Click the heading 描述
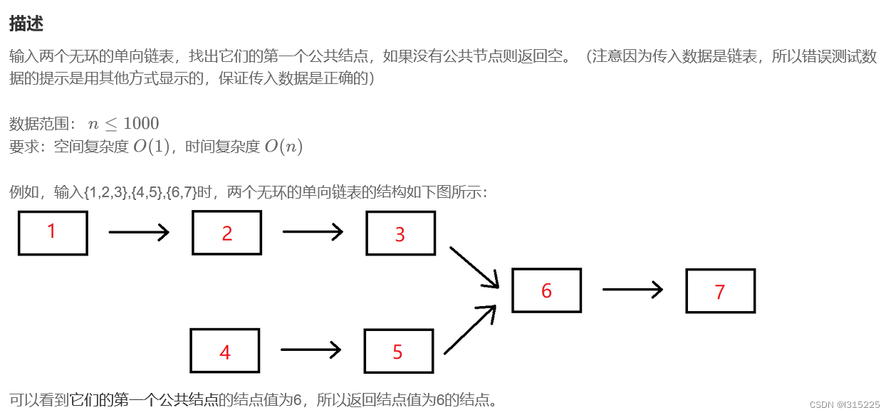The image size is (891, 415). coord(26,23)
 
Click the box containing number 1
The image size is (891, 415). coord(53,233)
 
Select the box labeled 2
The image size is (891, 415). coord(226,233)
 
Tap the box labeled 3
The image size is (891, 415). coord(400,233)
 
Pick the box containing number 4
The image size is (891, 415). coord(224,351)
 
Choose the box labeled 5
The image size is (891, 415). coord(398,351)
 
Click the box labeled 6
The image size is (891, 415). coord(546,290)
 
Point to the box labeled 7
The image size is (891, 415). coord(720,291)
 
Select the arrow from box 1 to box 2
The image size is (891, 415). coord(139,232)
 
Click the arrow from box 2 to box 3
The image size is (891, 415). coord(313,231)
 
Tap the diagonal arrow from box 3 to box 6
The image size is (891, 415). coord(474,268)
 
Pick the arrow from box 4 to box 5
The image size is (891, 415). coord(311,350)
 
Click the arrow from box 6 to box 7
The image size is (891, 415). coord(632,289)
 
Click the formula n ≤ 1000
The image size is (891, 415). coord(123,124)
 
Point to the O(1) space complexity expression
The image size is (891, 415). coord(152,147)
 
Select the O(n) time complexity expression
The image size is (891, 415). coord(283,147)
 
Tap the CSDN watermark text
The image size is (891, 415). coord(845,404)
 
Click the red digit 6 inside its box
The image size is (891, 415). coord(546,290)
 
